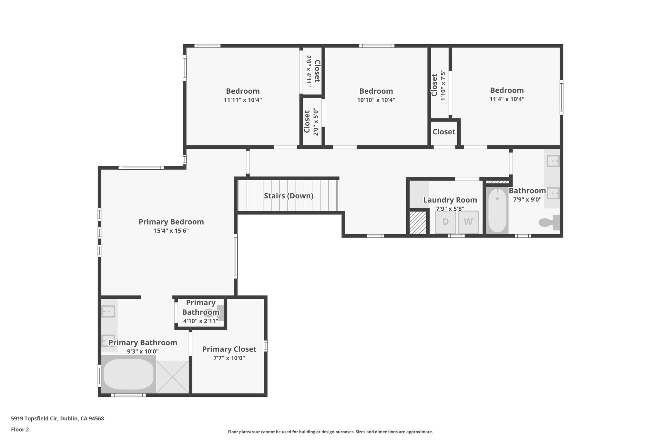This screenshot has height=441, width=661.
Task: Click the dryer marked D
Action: click(445, 222)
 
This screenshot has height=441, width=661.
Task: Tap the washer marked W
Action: click(468, 222)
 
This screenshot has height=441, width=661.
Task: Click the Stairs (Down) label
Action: click(289, 196)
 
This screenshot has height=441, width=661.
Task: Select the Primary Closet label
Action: click(229, 349)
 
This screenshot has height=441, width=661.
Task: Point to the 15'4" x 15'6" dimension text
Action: click(171, 231)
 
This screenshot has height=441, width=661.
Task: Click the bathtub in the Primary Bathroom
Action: click(128, 374)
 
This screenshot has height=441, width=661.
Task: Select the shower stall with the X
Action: click(172, 377)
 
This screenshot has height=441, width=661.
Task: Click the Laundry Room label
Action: click(450, 200)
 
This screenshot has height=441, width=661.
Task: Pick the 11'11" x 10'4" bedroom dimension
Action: click(243, 100)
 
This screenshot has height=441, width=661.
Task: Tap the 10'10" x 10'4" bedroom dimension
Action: click(376, 100)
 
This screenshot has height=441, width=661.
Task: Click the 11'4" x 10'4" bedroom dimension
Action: click(507, 99)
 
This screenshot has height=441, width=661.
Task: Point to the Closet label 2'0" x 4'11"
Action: click(313, 71)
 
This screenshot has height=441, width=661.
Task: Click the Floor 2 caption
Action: click(20, 430)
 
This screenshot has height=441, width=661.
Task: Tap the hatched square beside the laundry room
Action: click(418, 223)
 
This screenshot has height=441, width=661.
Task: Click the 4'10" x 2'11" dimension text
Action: click(200, 321)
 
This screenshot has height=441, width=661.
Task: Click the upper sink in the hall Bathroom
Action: click(553, 161)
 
